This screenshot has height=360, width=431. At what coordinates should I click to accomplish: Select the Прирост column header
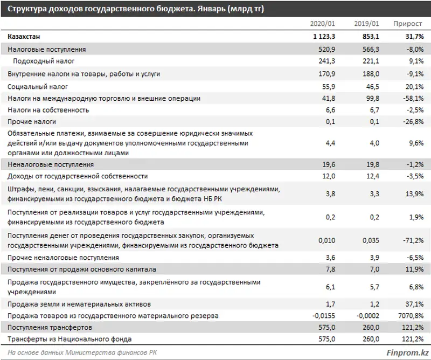(x=408, y=24)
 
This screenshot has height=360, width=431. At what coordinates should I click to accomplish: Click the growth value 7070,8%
(x=411, y=315)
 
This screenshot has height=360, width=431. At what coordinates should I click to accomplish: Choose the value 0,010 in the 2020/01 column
(x=325, y=240)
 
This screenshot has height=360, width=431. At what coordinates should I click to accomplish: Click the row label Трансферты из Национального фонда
(x=70, y=339)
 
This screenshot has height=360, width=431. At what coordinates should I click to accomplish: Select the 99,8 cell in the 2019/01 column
(x=371, y=98)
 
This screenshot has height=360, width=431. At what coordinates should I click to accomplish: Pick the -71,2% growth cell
(x=412, y=240)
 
